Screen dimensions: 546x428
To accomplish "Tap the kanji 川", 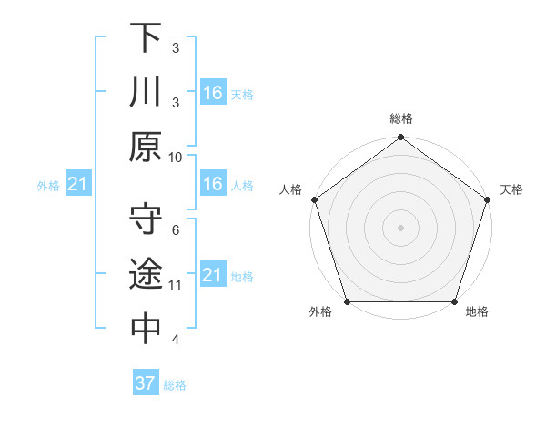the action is point(147,92).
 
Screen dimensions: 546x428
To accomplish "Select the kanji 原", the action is point(147,146).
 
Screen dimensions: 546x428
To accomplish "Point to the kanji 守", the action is point(147,219).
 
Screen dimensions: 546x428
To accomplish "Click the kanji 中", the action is point(147,329).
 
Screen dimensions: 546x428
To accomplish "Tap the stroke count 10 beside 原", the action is point(176,157).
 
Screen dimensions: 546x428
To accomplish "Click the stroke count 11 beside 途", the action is point(176,285).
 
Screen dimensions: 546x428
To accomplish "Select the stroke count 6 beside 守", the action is point(176,230).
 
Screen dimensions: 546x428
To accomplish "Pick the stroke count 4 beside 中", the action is point(176,340).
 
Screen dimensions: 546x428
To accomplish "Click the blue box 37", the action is point(145,383).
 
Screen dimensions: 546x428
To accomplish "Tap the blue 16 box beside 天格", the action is point(212,92).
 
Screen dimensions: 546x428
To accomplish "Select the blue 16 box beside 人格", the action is point(212,184).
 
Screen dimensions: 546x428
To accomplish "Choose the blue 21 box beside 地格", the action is point(212,275).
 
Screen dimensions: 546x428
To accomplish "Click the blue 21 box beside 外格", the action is point(77,185).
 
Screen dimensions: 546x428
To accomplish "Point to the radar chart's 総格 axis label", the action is point(401,118).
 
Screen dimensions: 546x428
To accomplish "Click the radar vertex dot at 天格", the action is point(488,199).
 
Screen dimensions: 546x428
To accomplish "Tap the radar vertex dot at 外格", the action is point(347,301).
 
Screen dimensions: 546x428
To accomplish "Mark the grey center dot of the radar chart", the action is point(400,227).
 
